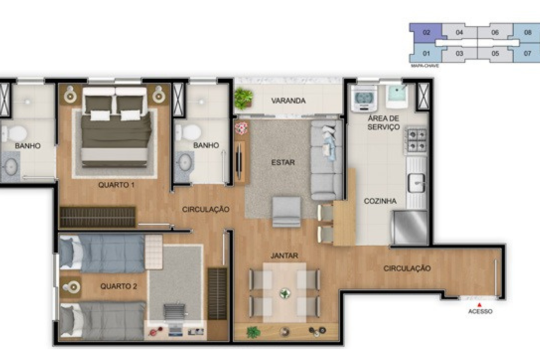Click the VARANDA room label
pos(288,101)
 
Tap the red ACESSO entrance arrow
pos(479,305)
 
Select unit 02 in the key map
pos(427,33)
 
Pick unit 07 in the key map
pos(527,53)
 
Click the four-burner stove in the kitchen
pos(416,140)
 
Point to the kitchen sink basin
pos(416,182)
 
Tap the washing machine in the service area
pos(364,98)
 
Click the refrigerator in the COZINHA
pos(410,228)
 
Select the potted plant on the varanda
pos(244,98)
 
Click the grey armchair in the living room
pos(286,212)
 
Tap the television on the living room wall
pos(238,161)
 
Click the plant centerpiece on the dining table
pos(285,293)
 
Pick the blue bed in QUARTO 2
pos(102,253)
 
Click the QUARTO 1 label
pos(116,185)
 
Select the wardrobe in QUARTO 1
pos(98,217)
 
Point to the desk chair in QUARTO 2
pos(176,312)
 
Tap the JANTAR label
pos(284,256)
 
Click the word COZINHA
pos(380,201)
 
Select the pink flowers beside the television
pos(241,128)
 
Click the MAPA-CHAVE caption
pos(425,65)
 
